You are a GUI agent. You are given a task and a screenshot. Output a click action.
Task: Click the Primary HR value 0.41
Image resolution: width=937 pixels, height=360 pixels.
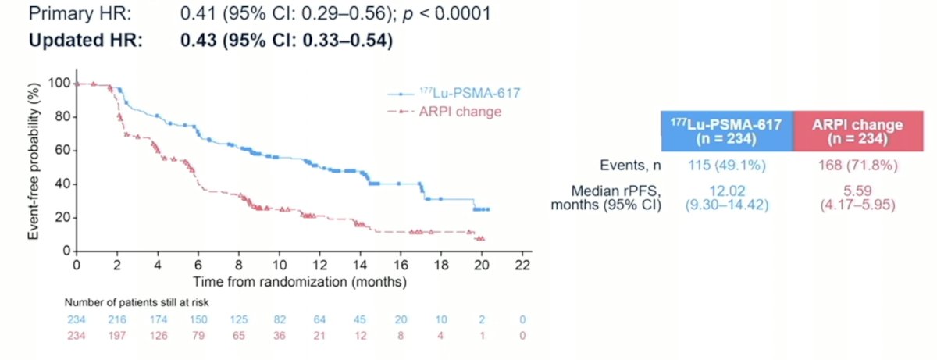pyautogui.click(x=198, y=13)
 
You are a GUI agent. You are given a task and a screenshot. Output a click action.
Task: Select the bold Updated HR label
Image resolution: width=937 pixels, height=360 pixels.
pyautogui.click(x=86, y=41)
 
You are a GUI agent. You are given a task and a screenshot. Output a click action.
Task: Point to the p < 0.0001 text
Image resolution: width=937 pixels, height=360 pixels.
pyautogui.click(x=447, y=14)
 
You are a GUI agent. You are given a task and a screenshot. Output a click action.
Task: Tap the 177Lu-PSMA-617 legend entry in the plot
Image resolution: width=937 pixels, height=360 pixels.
pyautogui.click(x=454, y=93)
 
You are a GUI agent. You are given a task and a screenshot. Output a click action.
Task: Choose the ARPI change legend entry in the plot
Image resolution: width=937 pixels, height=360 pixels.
pyautogui.click(x=444, y=112)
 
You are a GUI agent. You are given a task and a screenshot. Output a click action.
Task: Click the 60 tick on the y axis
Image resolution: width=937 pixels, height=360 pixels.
pyautogui.click(x=62, y=150)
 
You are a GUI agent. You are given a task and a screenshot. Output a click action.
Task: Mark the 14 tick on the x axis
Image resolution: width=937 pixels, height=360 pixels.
pyautogui.click(x=360, y=265)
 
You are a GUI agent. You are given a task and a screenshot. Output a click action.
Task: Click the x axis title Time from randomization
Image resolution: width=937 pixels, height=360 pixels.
pyautogui.click(x=300, y=282)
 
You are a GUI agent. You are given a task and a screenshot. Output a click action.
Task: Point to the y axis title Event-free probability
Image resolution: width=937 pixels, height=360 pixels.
pyautogui.click(x=34, y=162)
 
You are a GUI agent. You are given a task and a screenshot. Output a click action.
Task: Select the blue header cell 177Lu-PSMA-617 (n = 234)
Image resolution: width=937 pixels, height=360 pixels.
pyautogui.click(x=727, y=131)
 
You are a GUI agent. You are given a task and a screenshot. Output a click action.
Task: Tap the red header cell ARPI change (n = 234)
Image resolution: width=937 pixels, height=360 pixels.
pyautogui.click(x=858, y=131)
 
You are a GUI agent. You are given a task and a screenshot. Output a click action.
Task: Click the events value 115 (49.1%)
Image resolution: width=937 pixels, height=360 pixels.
pyautogui.click(x=727, y=166)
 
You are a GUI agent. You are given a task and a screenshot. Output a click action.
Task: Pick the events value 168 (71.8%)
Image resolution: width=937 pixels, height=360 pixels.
pyautogui.click(x=858, y=166)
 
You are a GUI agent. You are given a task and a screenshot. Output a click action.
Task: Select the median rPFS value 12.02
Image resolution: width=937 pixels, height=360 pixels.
pyautogui.click(x=727, y=191)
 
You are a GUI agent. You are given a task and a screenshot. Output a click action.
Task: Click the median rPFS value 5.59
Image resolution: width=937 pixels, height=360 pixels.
pyautogui.click(x=857, y=191)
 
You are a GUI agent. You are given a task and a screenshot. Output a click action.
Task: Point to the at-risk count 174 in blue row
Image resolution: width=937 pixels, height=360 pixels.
pyautogui.click(x=158, y=320)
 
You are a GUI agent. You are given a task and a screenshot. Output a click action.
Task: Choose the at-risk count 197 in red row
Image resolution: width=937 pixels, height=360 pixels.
pyautogui.click(x=117, y=336)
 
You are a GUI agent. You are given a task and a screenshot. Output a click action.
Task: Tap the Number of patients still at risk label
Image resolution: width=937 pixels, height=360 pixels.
pyautogui.click(x=137, y=302)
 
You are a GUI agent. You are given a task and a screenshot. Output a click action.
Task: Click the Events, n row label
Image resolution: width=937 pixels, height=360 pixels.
pyautogui.click(x=630, y=166)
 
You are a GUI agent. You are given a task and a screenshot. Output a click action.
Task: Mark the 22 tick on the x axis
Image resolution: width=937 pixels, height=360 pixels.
pyautogui.click(x=522, y=265)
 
